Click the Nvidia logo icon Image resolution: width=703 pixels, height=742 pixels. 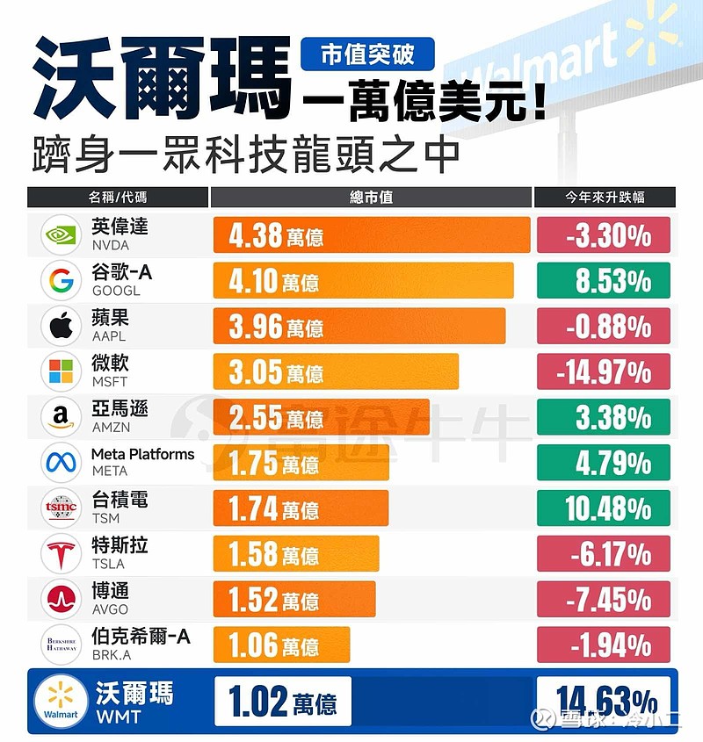(62, 235)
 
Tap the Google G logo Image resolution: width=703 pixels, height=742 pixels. (62, 281)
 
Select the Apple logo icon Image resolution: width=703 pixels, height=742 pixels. (62, 327)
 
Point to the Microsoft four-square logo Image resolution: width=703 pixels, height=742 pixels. (62, 371)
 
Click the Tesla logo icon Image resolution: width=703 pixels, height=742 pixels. (62, 553)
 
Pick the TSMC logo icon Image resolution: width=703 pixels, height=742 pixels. (62, 508)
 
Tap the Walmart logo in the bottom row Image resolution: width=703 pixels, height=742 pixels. (61, 700)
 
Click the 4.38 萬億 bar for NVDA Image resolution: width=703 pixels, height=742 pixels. (371, 235)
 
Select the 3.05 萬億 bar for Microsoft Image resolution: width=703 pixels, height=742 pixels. (336, 371)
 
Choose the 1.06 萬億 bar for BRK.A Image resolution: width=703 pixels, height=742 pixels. (281, 645)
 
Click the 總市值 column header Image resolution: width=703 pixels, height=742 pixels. (371, 197)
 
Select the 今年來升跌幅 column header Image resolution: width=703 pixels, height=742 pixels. (605, 197)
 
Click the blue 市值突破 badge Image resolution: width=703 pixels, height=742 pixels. (368, 55)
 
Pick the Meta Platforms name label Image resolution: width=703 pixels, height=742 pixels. (142, 454)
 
